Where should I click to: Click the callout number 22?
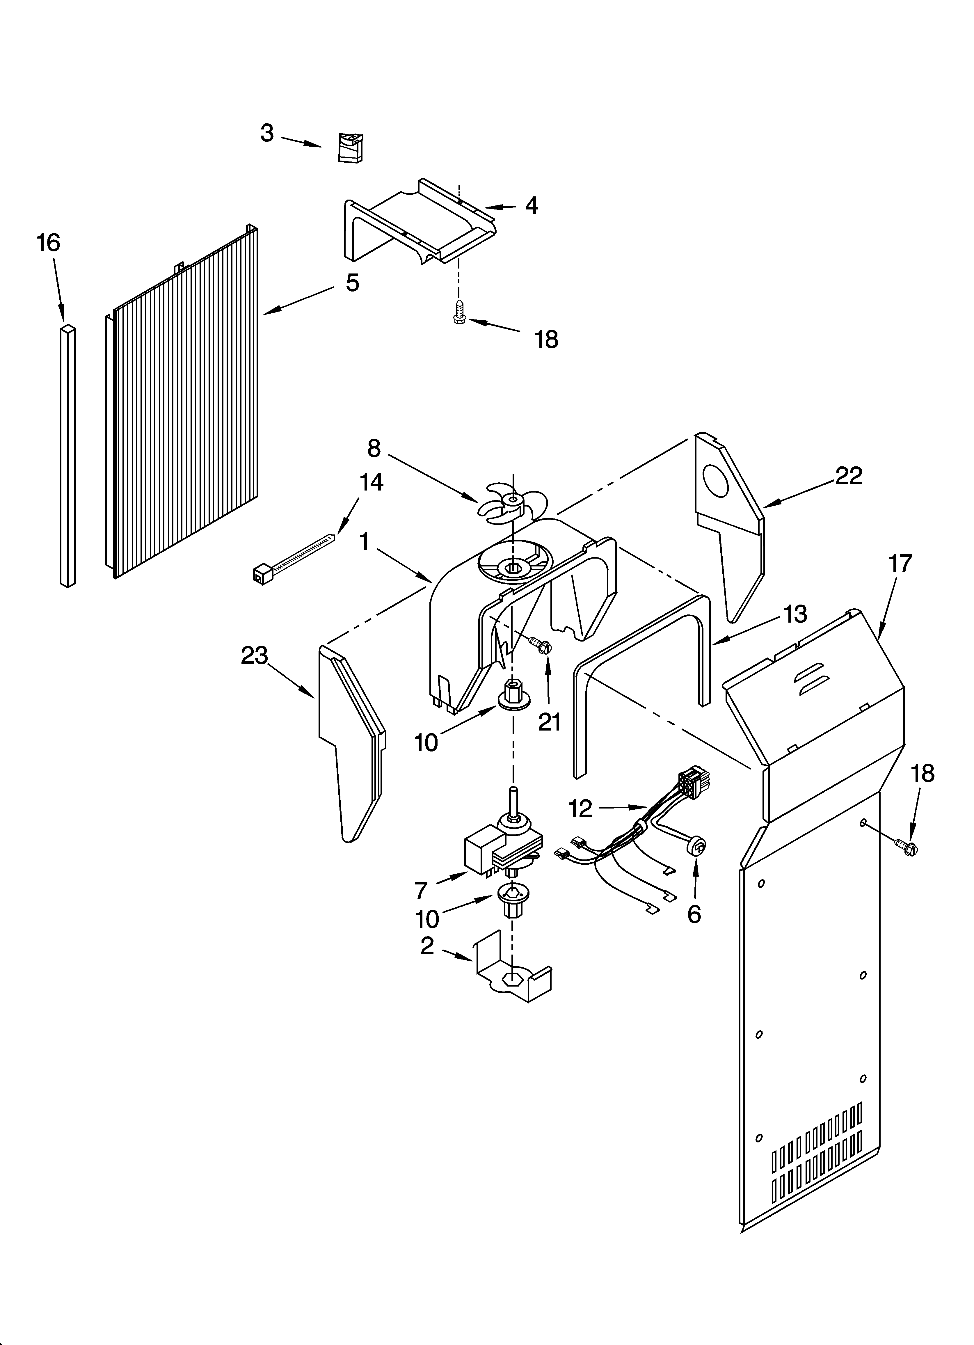[x=848, y=476]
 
